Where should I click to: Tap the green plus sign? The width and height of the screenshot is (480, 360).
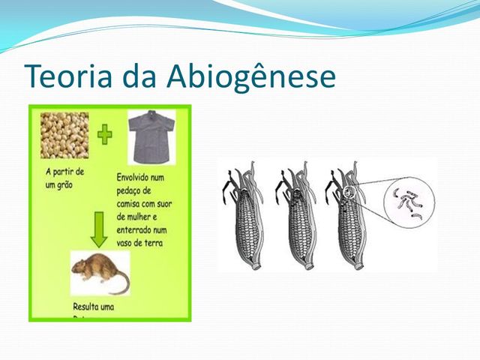104,135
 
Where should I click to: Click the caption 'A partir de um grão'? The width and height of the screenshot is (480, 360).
63,177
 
